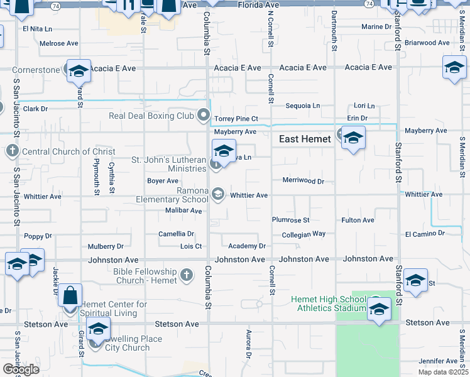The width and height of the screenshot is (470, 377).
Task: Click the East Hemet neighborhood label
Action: pos(304,139)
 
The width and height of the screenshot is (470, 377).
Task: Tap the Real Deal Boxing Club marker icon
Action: pos(204,115)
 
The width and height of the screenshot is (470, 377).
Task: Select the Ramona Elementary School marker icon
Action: pos(217,194)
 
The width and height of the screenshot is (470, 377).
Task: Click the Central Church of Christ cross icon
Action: pos(13,151)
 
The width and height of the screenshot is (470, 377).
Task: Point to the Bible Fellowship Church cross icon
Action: pos(186,275)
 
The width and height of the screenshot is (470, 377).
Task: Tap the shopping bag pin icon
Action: pos(71,295)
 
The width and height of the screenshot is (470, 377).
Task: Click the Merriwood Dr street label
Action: pos(303,181)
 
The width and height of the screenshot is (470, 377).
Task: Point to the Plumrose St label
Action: pos(291,220)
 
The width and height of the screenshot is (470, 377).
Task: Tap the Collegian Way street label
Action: pos(303,234)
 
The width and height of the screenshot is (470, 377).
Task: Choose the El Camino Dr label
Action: pos(425,234)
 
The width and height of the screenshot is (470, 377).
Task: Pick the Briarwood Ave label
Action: pos(427,43)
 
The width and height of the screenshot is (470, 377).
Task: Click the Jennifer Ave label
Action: pos(439,361)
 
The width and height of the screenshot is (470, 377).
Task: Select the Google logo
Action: pos(20,369)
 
